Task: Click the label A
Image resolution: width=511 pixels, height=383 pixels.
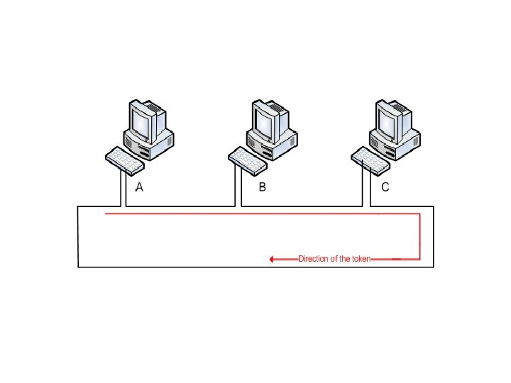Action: [140, 188]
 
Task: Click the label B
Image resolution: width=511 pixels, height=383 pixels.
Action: [262, 188]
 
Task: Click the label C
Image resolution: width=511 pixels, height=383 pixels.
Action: [385, 188]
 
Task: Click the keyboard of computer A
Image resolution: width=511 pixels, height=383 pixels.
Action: [124, 160]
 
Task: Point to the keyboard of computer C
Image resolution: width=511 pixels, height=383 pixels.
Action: [370, 160]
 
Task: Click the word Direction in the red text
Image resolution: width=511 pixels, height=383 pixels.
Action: [313, 260]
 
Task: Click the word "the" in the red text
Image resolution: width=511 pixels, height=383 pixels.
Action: [345, 260]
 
